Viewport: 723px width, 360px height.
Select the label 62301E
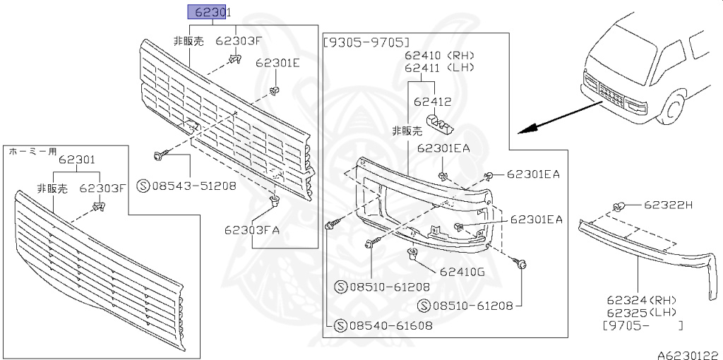[x=277, y=63]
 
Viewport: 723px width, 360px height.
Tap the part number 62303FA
[x=253, y=229]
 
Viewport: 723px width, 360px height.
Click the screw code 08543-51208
[x=193, y=186]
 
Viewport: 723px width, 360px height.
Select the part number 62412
[x=433, y=102]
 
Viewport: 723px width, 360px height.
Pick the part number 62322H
[x=669, y=205]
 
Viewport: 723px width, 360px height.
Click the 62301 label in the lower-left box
[x=76, y=160]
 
